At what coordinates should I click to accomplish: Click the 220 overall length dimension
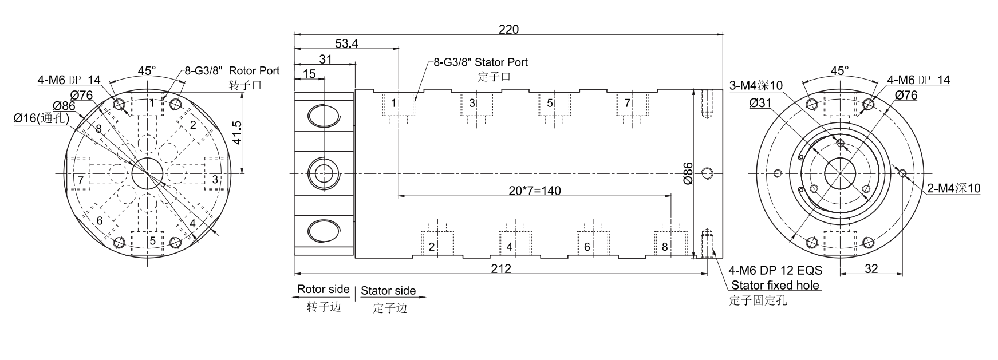coord(508,29)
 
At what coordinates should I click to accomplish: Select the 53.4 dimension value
coord(346,43)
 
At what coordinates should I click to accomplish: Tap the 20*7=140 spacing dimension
coord(535,191)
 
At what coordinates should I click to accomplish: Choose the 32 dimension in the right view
coord(870,268)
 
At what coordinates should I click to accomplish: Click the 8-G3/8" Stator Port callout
coord(480,62)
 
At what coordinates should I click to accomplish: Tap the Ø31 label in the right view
coord(760,102)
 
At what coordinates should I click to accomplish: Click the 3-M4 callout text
coord(756,86)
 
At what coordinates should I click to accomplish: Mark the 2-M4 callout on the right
coord(954,188)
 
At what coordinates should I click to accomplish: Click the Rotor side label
coord(323,290)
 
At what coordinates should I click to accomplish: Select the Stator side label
coord(388,291)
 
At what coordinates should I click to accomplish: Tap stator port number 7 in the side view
coord(628,103)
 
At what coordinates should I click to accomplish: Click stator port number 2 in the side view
coord(432,247)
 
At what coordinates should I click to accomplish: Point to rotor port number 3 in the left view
coord(215,180)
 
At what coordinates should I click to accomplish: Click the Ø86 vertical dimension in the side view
coord(688,173)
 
